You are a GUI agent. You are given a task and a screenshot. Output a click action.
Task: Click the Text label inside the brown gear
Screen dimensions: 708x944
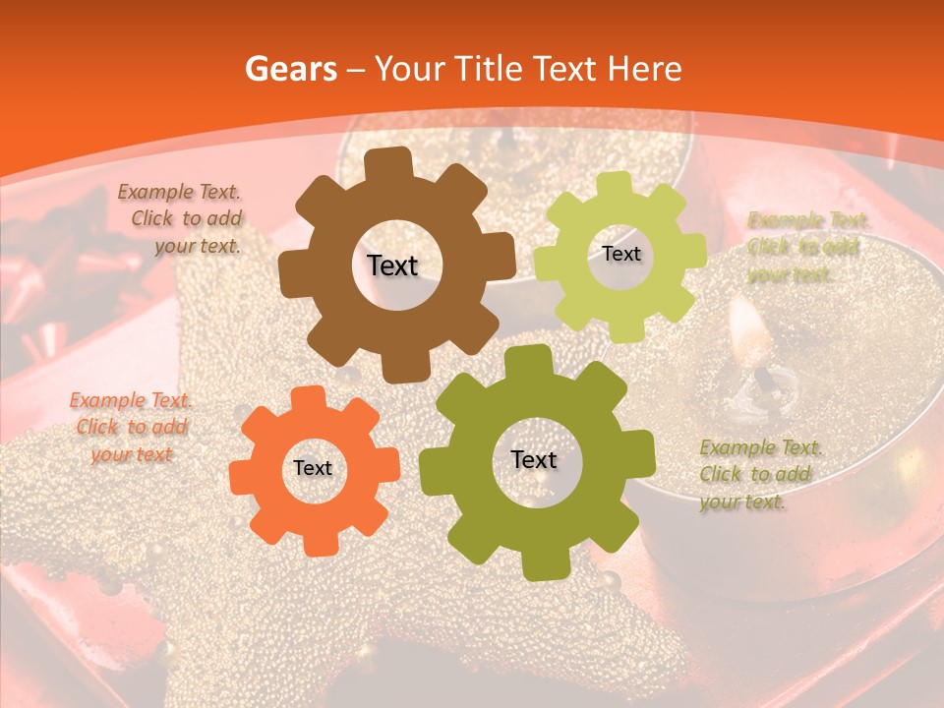pyautogui.click(x=392, y=265)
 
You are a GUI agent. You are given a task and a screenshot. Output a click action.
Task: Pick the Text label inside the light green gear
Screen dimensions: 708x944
pyautogui.click(x=620, y=254)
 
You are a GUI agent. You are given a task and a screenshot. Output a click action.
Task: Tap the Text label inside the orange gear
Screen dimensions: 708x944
pyautogui.click(x=313, y=468)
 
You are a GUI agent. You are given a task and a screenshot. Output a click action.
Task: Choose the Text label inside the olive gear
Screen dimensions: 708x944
pyautogui.click(x=534, y=459)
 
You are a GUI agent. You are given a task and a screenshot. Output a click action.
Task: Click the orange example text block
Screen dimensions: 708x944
pyautogui.click(x=132, y=427)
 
